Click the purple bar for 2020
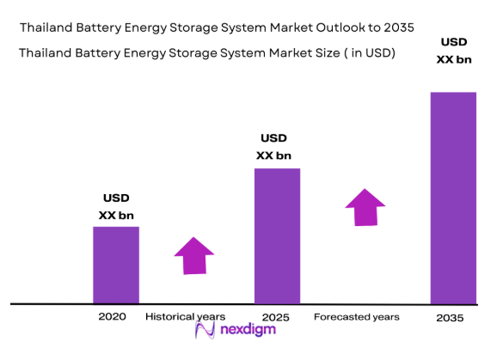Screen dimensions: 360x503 (x=116, y=265)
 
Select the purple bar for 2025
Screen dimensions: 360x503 (x=277, y=235)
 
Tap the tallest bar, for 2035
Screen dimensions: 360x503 (x=452, y=198)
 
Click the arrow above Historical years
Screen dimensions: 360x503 (x=194, y=254)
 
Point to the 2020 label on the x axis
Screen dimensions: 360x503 (x=112, y=316)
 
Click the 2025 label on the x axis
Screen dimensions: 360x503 (x=277, y=317)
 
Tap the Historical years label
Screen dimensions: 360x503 (x=186, y=317)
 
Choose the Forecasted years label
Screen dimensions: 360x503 (x=357, y=317)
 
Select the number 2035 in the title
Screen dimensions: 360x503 (x=398, y=27)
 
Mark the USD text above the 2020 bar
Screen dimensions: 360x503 (x=115, y=198)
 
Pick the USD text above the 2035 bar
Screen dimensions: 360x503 (x=454, y=41)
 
